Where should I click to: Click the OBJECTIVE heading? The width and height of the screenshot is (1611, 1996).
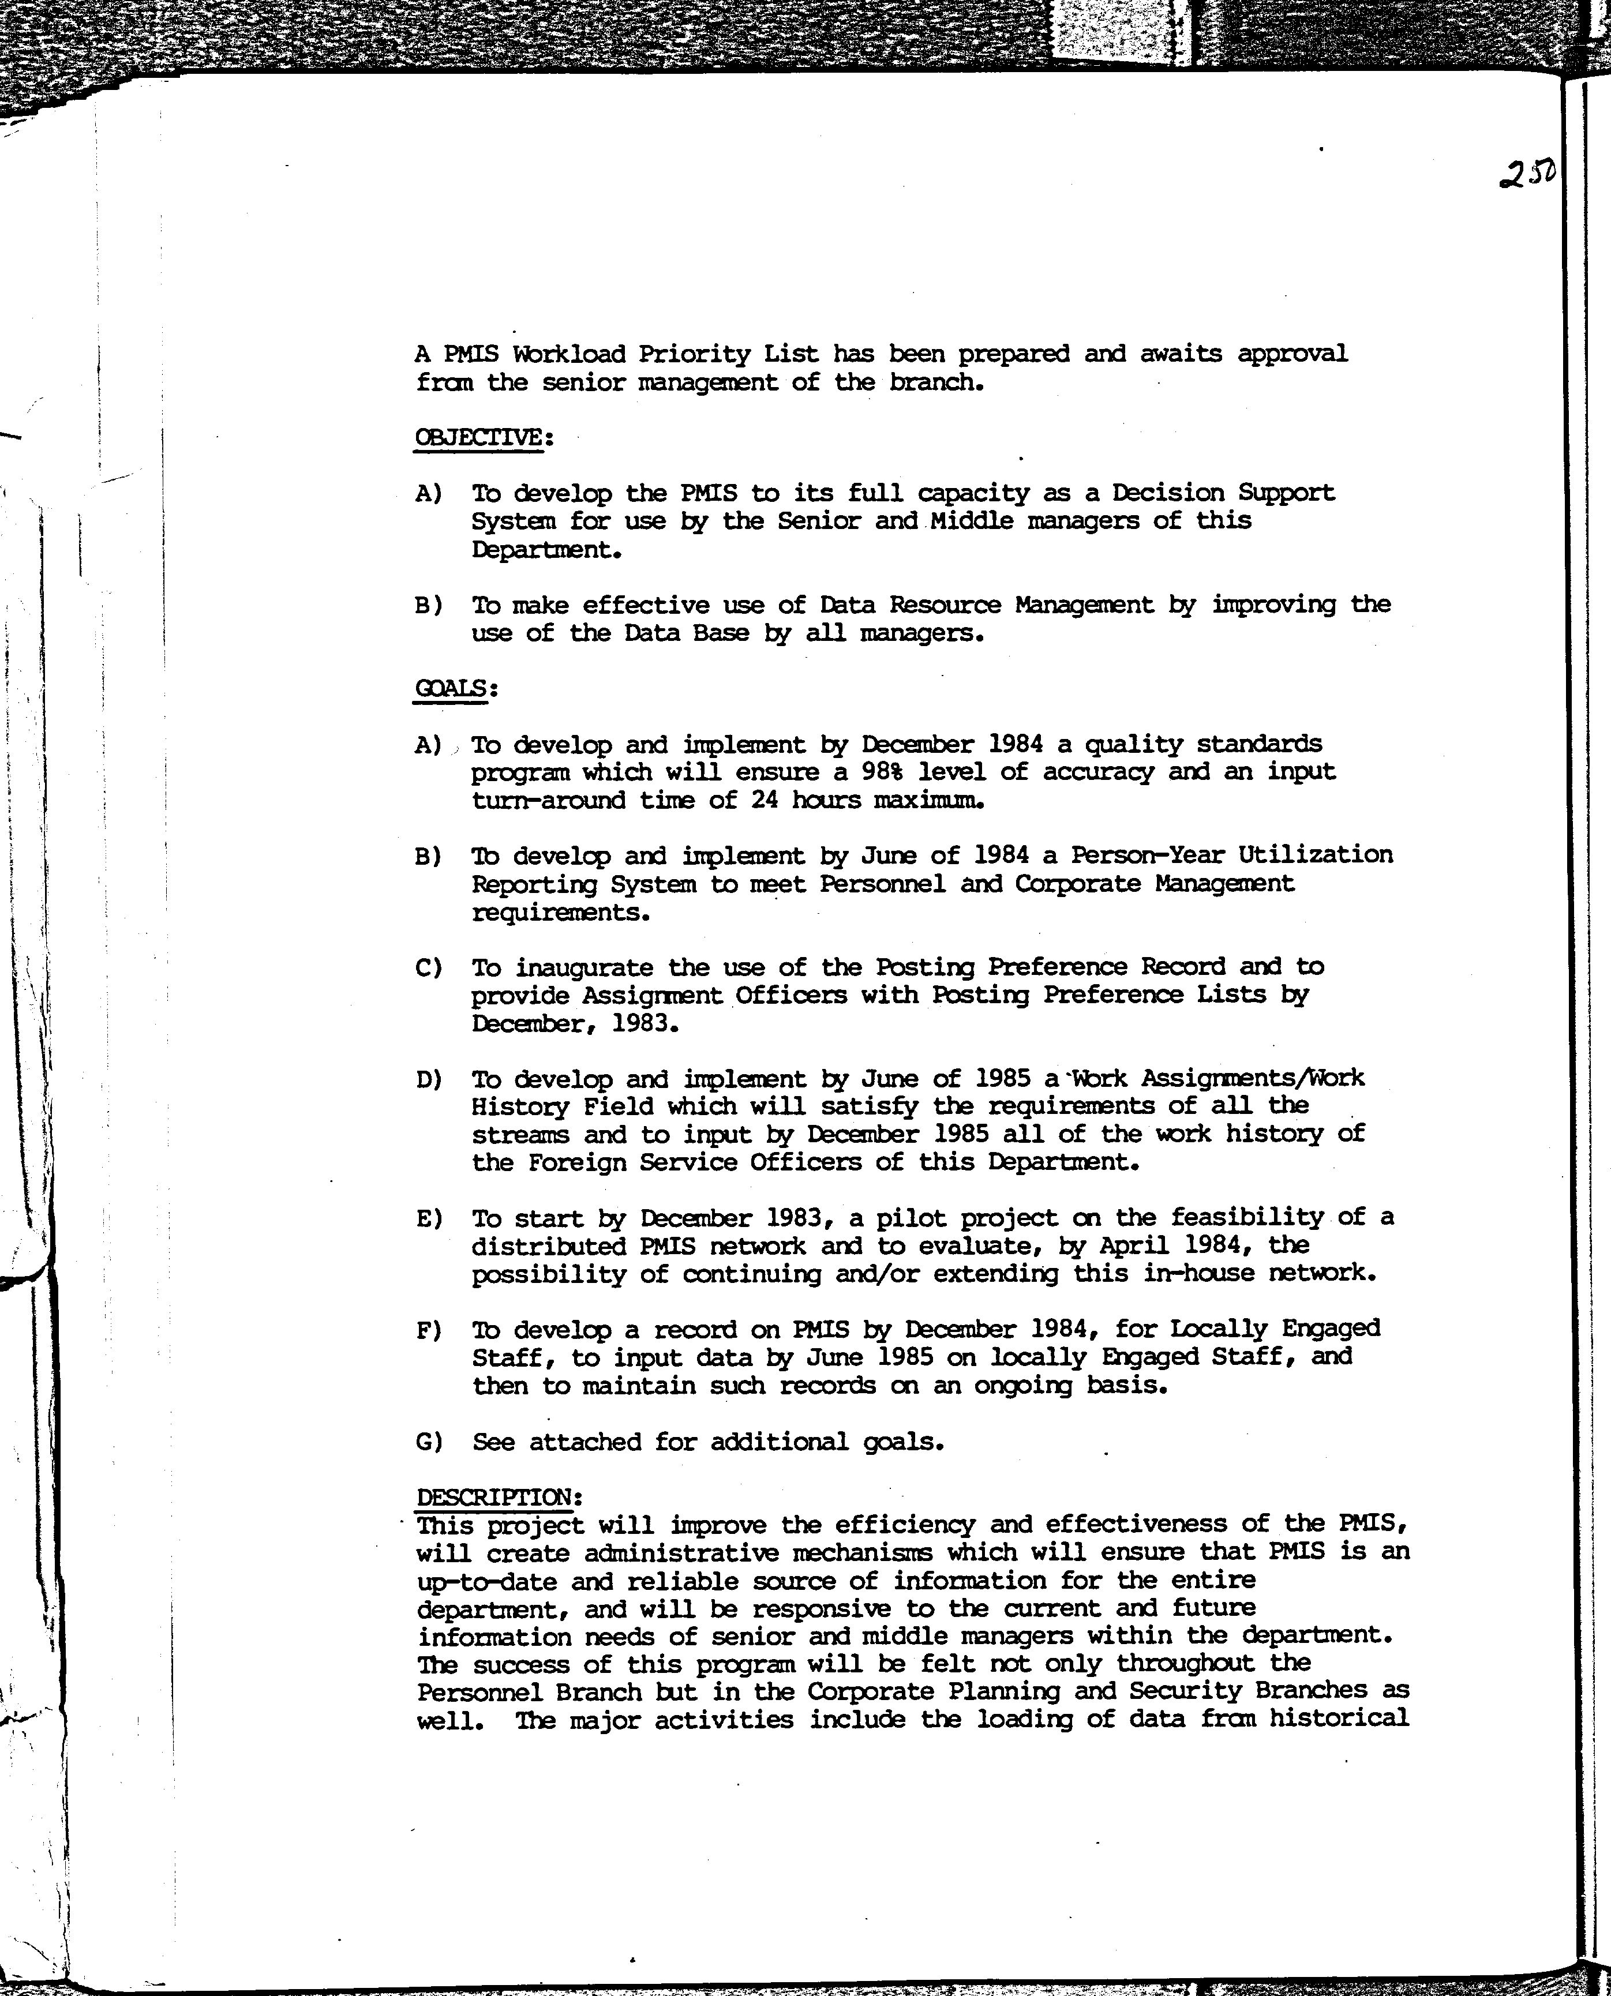coord(479,437)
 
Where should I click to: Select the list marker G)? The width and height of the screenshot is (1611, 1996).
coord(429,1442)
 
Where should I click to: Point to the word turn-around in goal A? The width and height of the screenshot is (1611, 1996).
coord(549,800)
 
